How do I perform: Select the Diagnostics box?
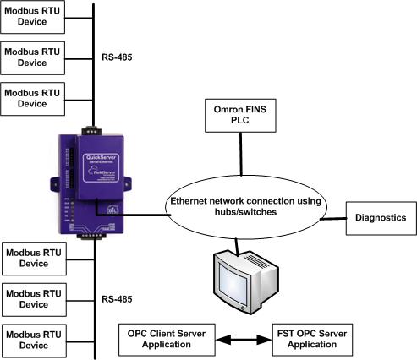pos(380,217)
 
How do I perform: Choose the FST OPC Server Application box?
pos(311,338)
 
